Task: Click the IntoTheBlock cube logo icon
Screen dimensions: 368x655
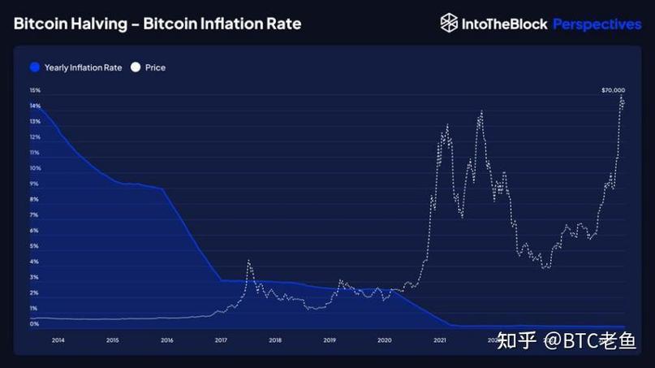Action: click(x=449, y=23)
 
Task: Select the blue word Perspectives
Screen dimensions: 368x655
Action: click(x=597, y=24)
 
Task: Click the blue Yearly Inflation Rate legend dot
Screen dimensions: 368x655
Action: click(x=35, y=67)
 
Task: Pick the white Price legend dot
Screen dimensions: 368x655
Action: click(x=136, y=67)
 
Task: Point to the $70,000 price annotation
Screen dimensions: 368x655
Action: click(x=613, y=89)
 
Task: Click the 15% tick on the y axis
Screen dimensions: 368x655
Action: click(x=35, y=90)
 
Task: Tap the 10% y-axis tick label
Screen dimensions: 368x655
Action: click(x=35, y=168)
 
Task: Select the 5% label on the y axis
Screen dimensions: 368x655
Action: click(x=35, y=246)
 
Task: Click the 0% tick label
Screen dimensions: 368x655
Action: click(x=35, y=324)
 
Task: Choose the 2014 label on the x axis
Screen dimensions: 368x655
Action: click(x=58, y=340)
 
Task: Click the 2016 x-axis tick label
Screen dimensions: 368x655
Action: click(x=166, y=340)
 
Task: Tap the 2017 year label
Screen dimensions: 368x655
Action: click(x=221, y=340)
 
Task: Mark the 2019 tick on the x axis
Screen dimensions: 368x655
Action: click(x=330, y=340)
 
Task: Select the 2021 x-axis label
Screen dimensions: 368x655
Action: click(x=439, y=340)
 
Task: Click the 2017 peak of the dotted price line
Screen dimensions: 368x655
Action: click(x=248, y=261)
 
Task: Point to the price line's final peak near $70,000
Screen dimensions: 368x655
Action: click(x=622, y=97)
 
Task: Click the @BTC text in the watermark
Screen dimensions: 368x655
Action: click(x=569, y=340)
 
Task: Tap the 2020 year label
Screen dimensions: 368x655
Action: click(x=385, y=340)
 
